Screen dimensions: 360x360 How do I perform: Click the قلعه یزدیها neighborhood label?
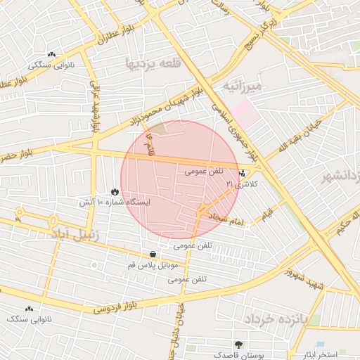tap(150, 63)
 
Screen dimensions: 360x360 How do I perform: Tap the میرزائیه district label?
tap(243, 86)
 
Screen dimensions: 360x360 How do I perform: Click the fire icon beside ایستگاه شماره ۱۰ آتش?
tap(115, 191)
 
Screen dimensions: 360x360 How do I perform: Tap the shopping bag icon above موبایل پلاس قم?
tap(153, 255)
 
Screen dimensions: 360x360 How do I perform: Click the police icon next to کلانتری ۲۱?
tap(243, 172)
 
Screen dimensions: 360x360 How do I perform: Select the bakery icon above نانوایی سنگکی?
tap(51, 55)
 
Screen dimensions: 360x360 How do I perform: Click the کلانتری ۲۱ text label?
tap(242, 184)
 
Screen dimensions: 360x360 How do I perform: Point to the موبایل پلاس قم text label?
tap(153, 266)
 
